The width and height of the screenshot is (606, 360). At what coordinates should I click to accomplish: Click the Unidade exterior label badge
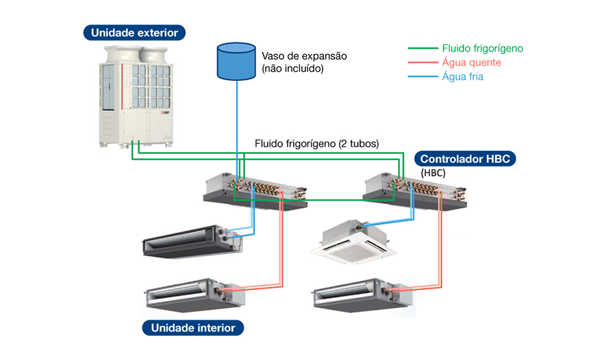pyautogui.click(x=134, y=32)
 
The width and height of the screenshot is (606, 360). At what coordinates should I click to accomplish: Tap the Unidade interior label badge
pyautogui.click(x=192, y=328)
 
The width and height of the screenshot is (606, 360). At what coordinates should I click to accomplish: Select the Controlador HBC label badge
pyautogui.click(x=464, y=159)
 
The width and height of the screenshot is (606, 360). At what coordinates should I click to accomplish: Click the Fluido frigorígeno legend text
pyautogui.click(x=483, y=49)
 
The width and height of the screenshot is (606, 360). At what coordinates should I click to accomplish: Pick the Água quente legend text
pyautogui.click(x=472, y=62)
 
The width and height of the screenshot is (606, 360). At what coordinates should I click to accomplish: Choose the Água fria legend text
pyautogui.click(x=463, y=77)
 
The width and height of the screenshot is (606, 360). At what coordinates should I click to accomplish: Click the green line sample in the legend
pyautogui.click(x=422, y=49)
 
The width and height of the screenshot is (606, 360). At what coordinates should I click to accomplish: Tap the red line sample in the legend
pyautogui.click(x=422, y=62)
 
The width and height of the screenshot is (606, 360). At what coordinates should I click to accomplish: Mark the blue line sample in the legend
pyautogui.click(x=422, y=77)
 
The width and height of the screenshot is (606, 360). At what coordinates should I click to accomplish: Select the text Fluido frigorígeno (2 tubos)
pyautogui.click(x=316, y=144)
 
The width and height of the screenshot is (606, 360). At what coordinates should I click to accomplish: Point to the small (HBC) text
pyautogui.click(x=433, y=173)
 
